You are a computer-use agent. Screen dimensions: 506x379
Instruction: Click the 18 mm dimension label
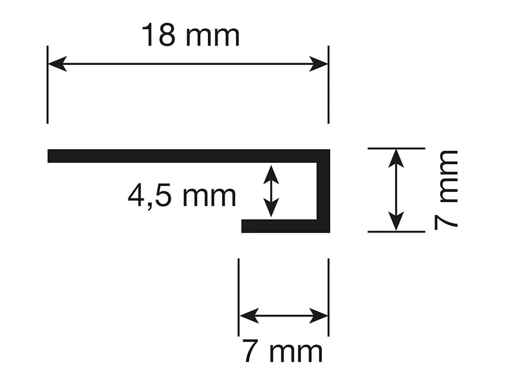click(x=190, y=35)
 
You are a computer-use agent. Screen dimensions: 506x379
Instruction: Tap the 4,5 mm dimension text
click(x=182, y=195)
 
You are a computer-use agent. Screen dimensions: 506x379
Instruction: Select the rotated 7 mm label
click(x=446, y=190)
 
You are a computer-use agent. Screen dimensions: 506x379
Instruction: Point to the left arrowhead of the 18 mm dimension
click(x=57, y=64)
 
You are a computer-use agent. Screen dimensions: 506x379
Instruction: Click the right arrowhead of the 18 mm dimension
click(x=319, y=64)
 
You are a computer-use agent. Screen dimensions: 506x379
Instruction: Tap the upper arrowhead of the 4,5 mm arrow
click(x=271, y=175)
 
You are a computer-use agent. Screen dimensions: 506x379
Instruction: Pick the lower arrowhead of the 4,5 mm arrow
click(x=271, y=208)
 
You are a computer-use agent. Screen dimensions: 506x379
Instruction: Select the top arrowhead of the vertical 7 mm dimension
click(x=396, y=159)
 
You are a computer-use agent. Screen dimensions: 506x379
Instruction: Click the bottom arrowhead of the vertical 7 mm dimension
click(x=396, y=222)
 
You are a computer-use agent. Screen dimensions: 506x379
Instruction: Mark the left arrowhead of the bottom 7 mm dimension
click(x=249, y=315)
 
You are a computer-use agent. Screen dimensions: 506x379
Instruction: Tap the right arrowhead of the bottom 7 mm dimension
click(x=319, y=315)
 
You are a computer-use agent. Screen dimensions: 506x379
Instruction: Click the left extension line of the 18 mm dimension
click(x=47, y=85)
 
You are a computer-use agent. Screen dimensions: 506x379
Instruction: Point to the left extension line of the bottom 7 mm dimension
click(x=238, y=297)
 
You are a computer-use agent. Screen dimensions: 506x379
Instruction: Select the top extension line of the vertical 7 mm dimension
click(x=397, y=148)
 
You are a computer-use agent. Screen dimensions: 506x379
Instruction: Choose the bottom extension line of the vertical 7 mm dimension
click(x=397, y=232)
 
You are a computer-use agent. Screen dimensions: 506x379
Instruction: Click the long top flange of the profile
click(x=188, y=156)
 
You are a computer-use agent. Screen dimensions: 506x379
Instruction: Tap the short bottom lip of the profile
click(x=280, y=226)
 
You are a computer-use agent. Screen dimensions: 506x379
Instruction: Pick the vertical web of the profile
click(x=323, y=191)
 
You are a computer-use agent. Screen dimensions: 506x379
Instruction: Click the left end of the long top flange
click(x=48, y=156)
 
